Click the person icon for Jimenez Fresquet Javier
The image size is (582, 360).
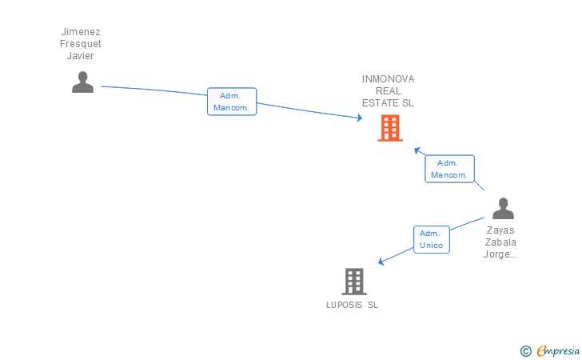[82, 82]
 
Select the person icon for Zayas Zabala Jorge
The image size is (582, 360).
[503, 209]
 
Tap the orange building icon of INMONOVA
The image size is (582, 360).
[389, 128]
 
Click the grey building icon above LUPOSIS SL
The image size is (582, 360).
[354, 282]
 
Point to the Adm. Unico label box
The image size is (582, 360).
[432, 239]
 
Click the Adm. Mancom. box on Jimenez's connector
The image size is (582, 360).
[232, 102]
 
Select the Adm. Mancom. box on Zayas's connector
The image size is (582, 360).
[449, 169]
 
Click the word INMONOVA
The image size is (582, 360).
[388, 79]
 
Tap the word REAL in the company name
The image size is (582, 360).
[388, 91]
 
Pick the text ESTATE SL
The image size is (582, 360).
[388, 103]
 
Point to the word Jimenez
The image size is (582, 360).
[81, 32]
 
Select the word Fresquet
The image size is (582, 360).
[81, 44]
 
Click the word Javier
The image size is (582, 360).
[81, 56]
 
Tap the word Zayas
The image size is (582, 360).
[501, 230]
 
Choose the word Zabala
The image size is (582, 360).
[501, 242]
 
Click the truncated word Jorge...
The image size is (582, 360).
[501, 254]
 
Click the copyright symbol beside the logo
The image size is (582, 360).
[525, 350]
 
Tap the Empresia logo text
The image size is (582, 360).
[558, 350]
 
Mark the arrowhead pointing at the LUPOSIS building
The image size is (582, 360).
[381, 262]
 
